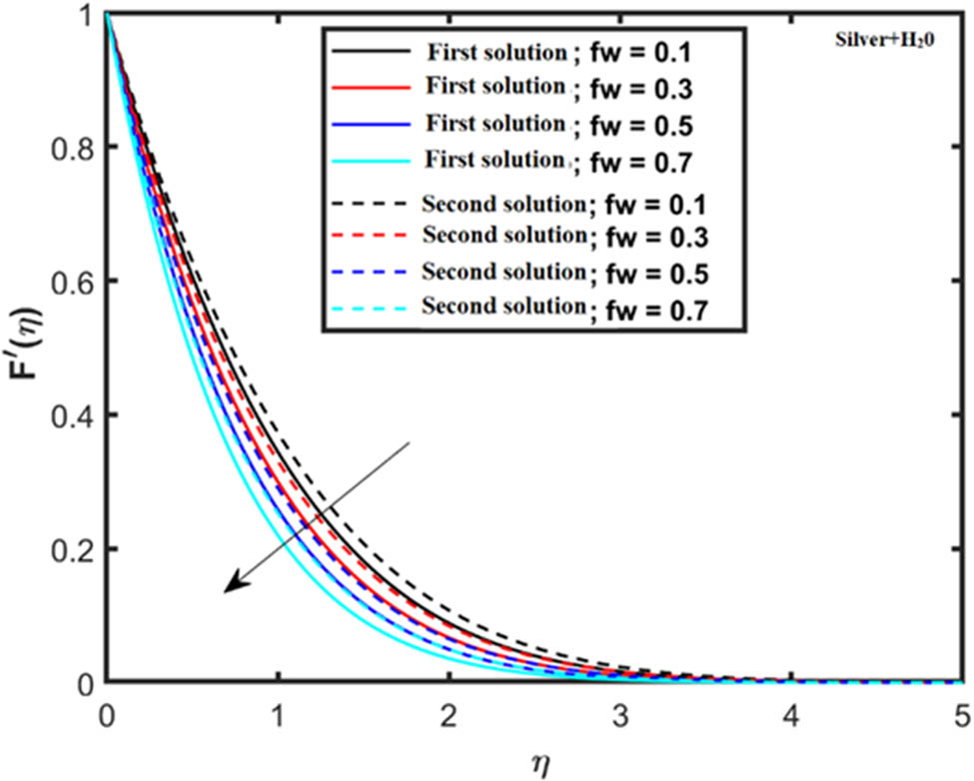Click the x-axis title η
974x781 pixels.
coord(535,761)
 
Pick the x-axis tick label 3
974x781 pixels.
coord(620,715)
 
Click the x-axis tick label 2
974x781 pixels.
coord(449,715)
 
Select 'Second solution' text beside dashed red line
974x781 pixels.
coord(502,235)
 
